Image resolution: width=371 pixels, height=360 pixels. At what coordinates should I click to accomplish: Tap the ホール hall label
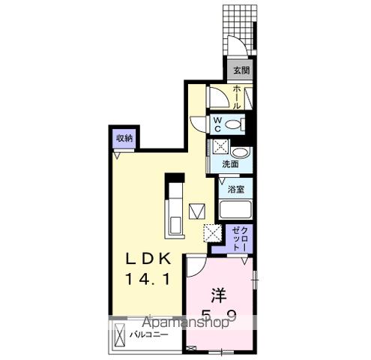tap(237, 96)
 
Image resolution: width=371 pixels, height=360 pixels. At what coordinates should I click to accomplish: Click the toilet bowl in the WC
tap(234, 124)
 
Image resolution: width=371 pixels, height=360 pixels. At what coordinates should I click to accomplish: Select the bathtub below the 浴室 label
tap(236, 211)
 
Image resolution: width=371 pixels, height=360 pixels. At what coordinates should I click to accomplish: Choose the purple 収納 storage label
tap(124, 138)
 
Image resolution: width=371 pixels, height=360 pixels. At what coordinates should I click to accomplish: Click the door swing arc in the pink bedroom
tap(196, 265)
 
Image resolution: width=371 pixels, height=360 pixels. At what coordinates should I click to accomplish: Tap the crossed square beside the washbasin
tap(221, 147)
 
